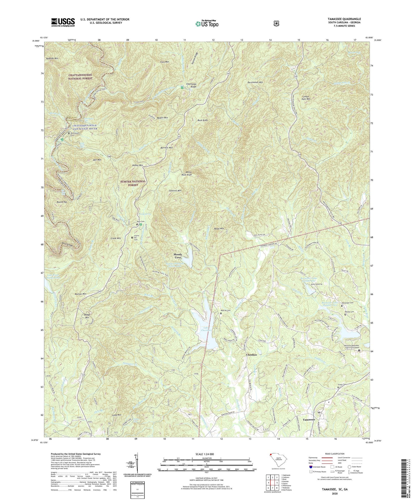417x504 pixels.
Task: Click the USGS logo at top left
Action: click(x=63, y=22)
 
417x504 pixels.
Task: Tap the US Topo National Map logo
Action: click(x=207, y=24)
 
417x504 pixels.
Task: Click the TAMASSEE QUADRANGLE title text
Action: click(x=344, y=19)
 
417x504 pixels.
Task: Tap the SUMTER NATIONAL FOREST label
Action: click(x=133, y=183)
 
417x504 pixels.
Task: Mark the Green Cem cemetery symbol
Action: click(x=338, y=387)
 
